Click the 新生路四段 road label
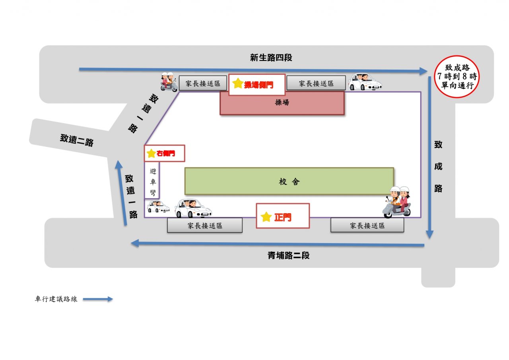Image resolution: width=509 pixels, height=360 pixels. point(271,58)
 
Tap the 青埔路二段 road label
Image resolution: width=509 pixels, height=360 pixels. point(288,255)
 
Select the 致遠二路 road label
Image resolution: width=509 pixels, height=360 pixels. point(77,140)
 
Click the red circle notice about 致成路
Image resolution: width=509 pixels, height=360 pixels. point(457,77)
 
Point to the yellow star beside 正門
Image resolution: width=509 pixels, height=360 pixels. point(266,217)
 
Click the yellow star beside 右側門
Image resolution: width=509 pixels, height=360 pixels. point(151,153)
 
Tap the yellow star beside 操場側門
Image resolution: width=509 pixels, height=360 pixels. point(238,83)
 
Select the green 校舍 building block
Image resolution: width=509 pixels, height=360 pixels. point(289,181)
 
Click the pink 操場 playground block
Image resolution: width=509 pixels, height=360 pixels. point(282,103)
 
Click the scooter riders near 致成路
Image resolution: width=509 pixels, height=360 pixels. point(397,202)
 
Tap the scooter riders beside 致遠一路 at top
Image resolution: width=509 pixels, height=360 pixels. point(169,82)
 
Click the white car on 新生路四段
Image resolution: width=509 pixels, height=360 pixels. point(365,82)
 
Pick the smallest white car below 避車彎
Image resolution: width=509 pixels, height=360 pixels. point(158,206)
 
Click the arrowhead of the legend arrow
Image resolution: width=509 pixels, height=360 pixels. point(110,299)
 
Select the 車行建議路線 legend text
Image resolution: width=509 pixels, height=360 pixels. point(56,299)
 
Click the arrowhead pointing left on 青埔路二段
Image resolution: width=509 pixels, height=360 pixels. point(135,243)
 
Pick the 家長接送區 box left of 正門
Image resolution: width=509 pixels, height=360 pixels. point(205,225)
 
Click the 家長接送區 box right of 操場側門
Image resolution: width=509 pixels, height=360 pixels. point(316,83)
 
